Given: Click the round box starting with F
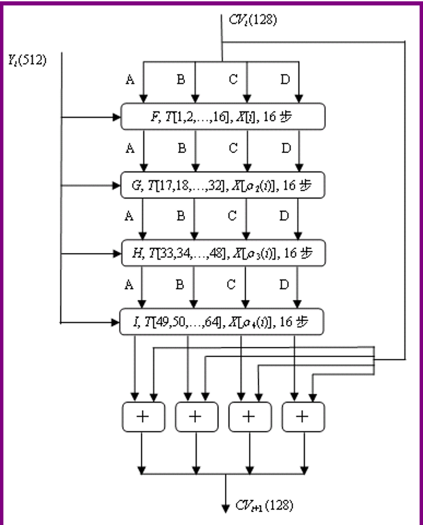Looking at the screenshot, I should click(223, 118).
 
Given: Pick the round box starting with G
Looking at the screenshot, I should click(223, 185).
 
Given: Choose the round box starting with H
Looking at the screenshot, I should click(223, 252).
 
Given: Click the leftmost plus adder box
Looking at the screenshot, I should click(142, 416).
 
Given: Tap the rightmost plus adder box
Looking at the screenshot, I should click(303, 416).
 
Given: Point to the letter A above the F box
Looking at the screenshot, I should click(129, 80).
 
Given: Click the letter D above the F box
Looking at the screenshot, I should click(285, 80).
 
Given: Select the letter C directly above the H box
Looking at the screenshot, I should click(233, 217).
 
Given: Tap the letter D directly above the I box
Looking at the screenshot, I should click(285, 284).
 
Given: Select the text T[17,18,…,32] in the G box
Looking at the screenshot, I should click(176, 185).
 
